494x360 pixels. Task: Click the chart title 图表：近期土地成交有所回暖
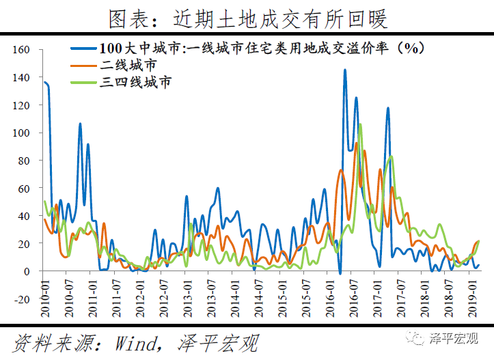point(247,18)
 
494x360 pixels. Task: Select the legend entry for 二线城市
point(127,66)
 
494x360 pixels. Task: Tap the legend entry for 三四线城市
point(135,83)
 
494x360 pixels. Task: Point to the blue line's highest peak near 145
point(344,70)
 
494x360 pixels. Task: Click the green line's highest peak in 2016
point(360,125)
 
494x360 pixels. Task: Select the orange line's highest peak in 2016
point(356,143)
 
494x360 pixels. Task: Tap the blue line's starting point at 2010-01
point(44,83)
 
